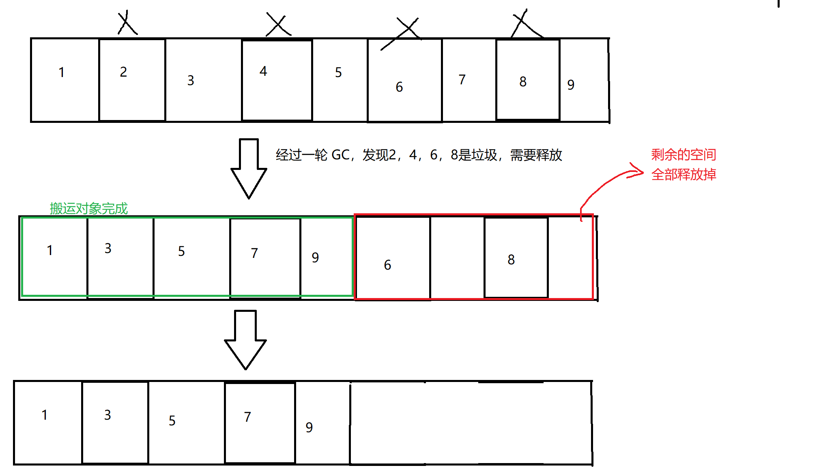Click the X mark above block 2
(127, 23)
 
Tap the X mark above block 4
(278, 25)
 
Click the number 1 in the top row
(62, 72)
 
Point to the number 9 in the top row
(571, 84)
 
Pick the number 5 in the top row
(338, 73)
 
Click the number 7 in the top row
(462, 79)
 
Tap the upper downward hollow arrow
(249, 168)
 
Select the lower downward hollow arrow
(245, 339)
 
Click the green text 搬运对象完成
(88, 208)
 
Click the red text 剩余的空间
(684, 154)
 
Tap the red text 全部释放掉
(684, 174)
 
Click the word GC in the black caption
(340, 155)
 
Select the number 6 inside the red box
(387, 265)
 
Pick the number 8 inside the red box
(511, 260)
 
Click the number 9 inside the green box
(315, 257)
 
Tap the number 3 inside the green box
(108, 248)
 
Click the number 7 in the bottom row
(247, 417)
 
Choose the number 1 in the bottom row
(45, 415)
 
